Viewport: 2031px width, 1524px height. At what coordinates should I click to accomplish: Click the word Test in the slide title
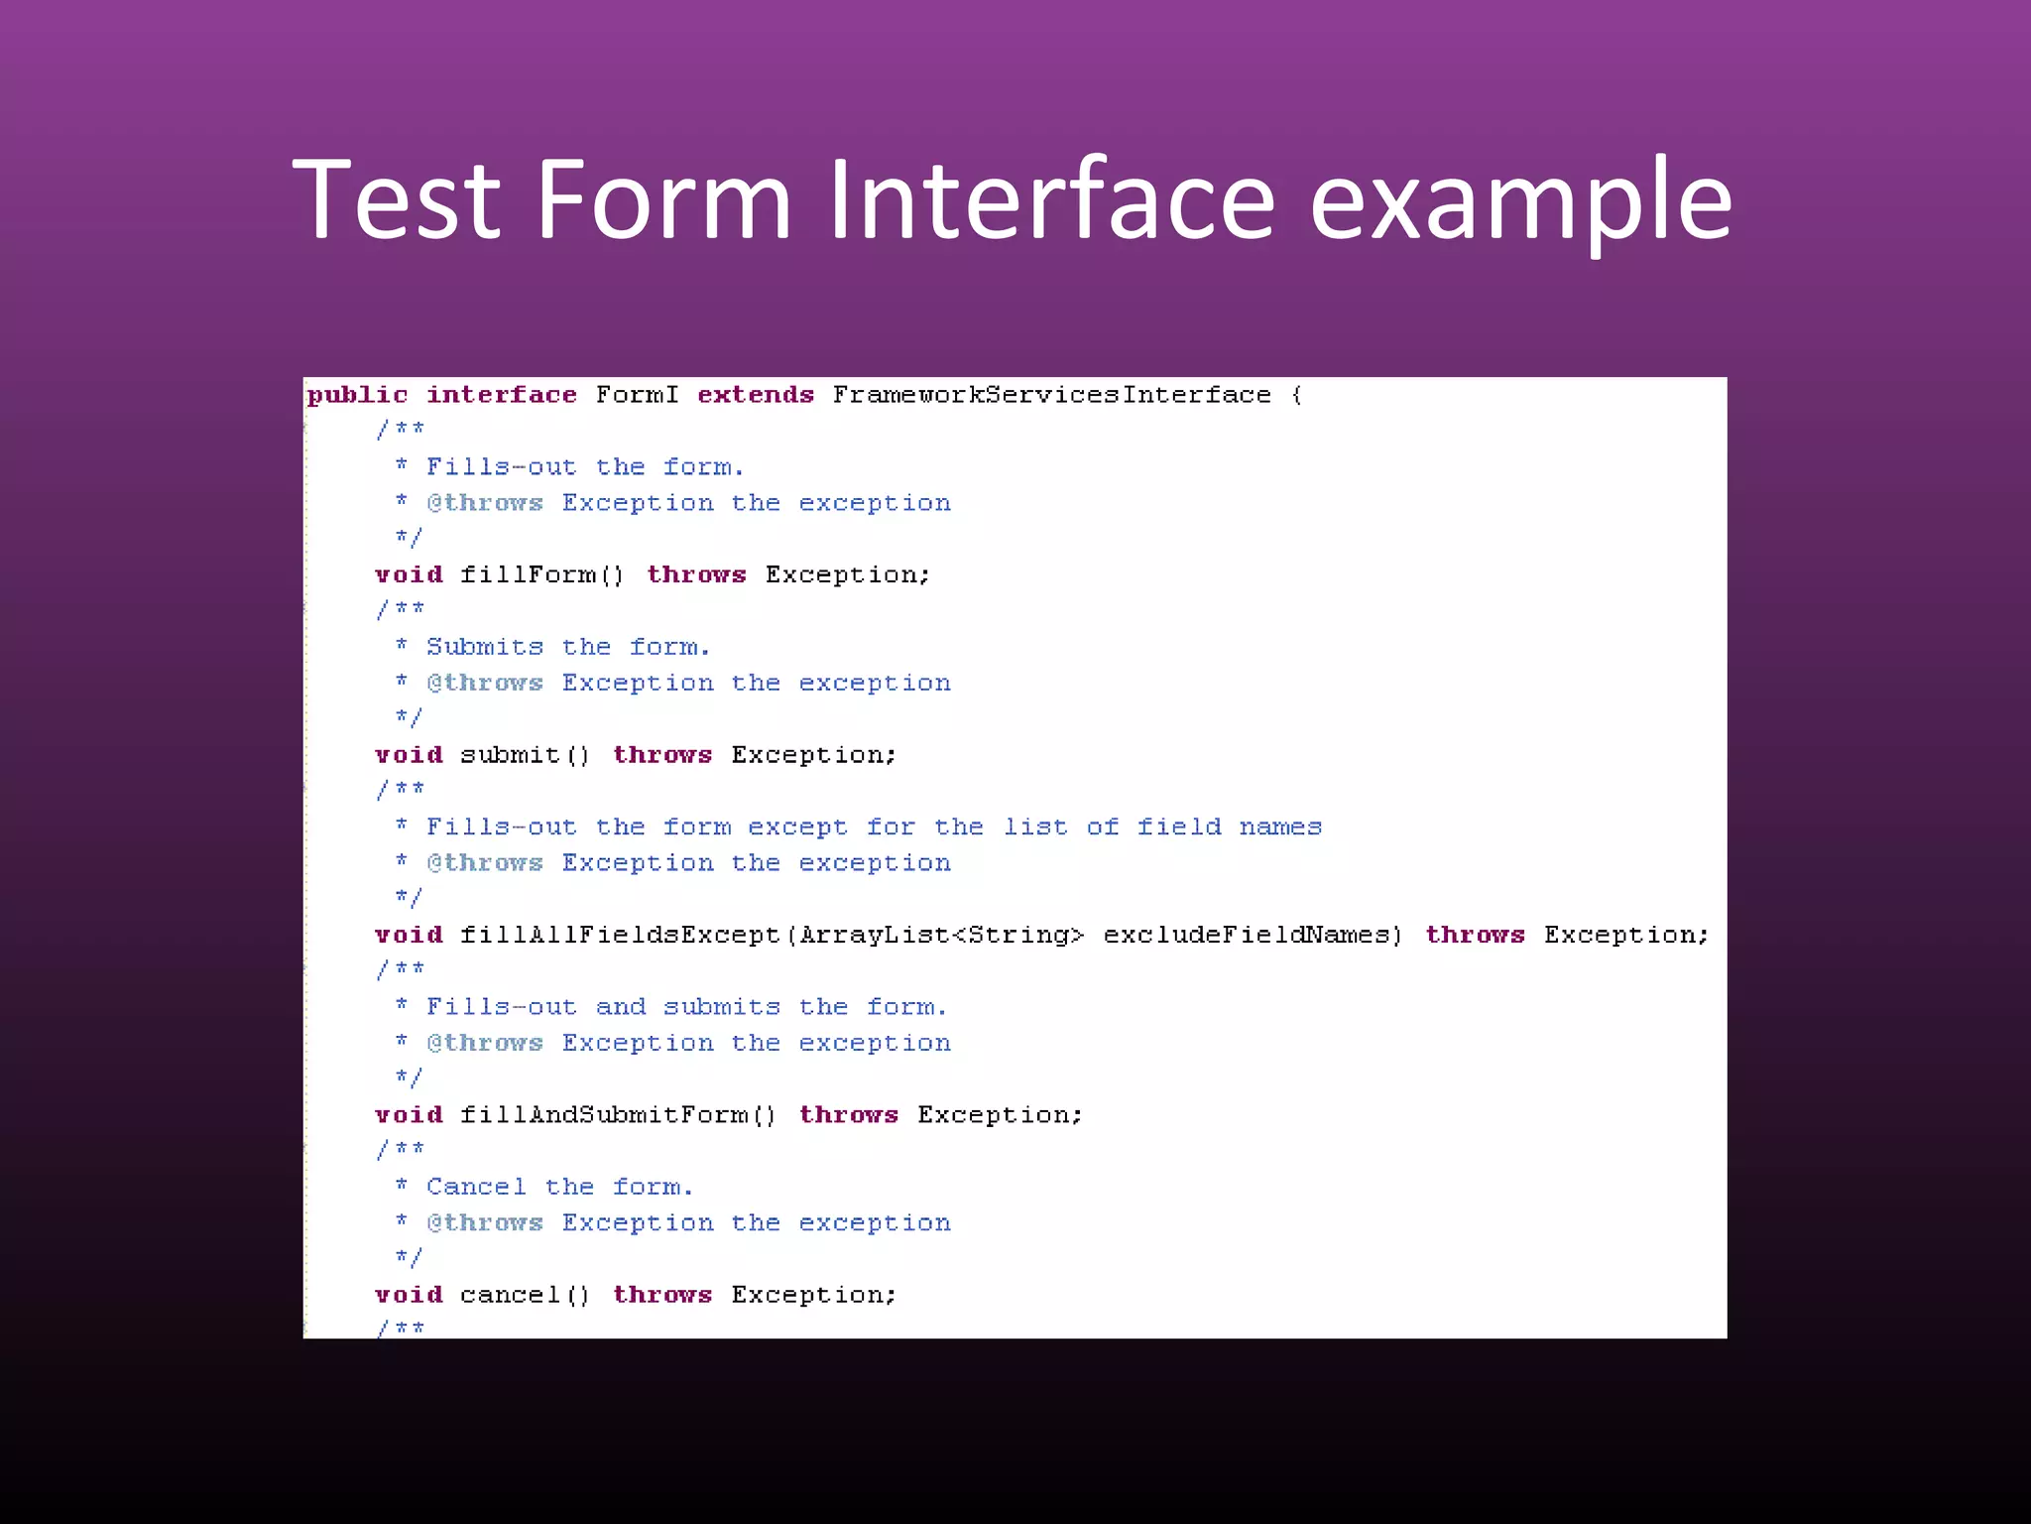tap(397, 200)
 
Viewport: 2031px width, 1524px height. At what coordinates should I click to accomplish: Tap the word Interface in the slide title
tap(1051, 200)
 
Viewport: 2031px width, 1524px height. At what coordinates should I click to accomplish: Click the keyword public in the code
tap(357, 395)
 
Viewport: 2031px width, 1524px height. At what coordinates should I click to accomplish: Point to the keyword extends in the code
tap(756, 395)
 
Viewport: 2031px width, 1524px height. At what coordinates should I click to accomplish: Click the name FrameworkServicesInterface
tap(1051, 395)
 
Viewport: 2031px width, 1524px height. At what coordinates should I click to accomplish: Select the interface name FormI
tap(637, 395)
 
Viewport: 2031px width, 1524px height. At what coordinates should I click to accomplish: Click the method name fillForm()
tap(541, 575)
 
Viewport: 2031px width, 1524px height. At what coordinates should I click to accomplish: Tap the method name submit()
tap(525, 755)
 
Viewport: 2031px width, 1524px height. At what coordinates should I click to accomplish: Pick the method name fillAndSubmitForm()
tap(617, 1115)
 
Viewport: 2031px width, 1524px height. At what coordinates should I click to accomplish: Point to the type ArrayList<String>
tap(941, 935)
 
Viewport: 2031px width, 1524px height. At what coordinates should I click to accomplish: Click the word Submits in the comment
tap(485, 647)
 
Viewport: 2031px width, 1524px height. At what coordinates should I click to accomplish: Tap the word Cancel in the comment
tap(476, 1187)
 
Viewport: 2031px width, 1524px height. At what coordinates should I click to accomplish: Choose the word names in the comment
tap(1280, 826)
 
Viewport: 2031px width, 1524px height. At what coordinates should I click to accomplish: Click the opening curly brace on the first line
tap(1297, 395)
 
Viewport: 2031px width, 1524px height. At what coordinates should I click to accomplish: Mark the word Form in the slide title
tap(663, 200)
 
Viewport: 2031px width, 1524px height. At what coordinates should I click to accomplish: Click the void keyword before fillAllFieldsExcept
tap(409, 935)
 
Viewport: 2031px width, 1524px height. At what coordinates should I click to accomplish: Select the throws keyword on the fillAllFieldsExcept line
tap(1475, 935)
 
